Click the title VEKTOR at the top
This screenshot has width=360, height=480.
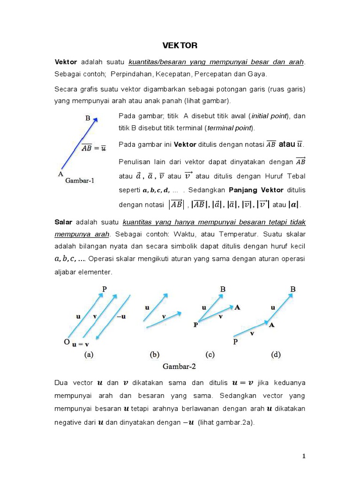tap(180, 45)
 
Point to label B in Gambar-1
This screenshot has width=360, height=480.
tap(88, 119)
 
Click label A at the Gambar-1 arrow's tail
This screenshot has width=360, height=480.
tap(60, 173)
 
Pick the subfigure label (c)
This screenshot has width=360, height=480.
tap(210, 355)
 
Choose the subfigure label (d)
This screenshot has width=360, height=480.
tap(276, 355)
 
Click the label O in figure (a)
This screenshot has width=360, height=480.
tap(67, 343)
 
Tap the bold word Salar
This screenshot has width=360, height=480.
tap(64, 221)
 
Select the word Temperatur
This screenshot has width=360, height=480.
tap(239, 233)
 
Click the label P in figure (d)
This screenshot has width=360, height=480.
tap(235, 343)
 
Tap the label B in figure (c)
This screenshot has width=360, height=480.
tap(223, 290)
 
